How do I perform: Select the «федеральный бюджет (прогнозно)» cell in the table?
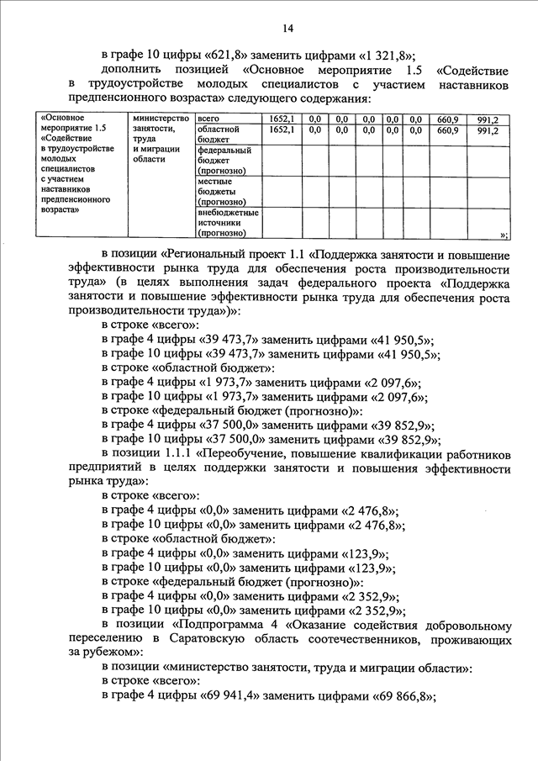click(224, 161)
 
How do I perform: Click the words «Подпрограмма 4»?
click(226, 626)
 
